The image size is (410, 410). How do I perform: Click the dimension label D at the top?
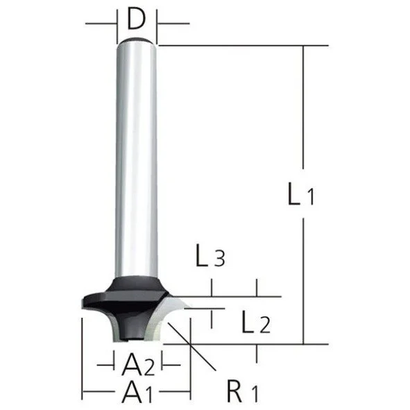tap(136, 19)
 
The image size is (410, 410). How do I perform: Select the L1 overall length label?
tap(300, 194)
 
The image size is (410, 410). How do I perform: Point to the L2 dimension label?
tap(256, 322)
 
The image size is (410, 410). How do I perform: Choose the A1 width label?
tap(137, 392)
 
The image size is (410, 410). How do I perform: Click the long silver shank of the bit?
tap(137, 160)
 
